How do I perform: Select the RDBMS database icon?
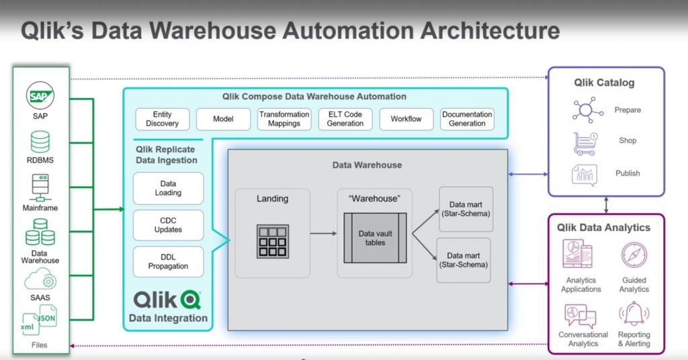pyautogui.click(x=41, y=142)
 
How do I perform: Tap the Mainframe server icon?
pyautogui.click(x=41, y=187)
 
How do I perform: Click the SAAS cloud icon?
pyautogui.click(x=41, y=280)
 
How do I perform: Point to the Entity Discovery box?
pyautogui.click(x=162, y=119)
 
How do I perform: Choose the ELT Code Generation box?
pyautogui.click(x=345, y=119)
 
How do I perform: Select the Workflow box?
pyautogui.click(x=406, y=119)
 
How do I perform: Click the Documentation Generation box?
pyautogui.click(x=467, y=119)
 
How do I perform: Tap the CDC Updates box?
pyautogui.click(x=168, y=225)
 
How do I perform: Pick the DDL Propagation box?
pyautogui.click(x=168, y=262)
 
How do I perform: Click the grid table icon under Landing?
pyautogui.click(x=273, y=241)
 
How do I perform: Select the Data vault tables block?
pyautogui.click(x=375, y=238)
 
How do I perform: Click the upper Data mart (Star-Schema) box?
pyautogui.click(x=466, y=209)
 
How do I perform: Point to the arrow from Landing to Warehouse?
pyautogui.click(x=323, y=234)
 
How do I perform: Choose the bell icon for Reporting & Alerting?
pyautogui.click(x=634, y=314)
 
